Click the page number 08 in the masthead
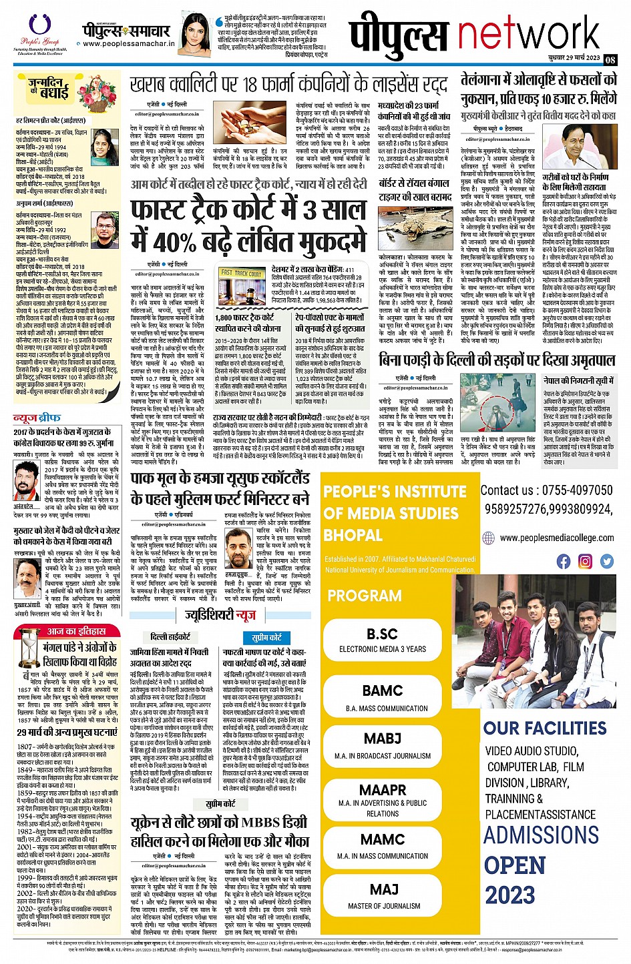click(610, 59)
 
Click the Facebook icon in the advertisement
click(564, 561)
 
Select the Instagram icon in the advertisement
click(585, 561)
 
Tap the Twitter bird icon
click(606, 561)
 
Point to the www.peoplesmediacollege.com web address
click(556, 538)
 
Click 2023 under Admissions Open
click(509, 895)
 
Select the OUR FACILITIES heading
click(545, 728)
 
